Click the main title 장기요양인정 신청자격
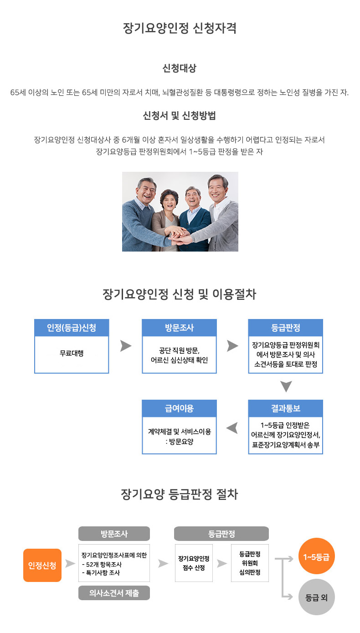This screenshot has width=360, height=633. click(180, 28)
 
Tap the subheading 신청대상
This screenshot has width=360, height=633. click(180, 68)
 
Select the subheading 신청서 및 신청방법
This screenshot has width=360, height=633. click(180, 116)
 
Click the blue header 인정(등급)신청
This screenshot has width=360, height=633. click(72, 328)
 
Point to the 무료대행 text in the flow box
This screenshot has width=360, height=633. click(72, 353)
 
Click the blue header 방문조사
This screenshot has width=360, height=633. click(179, 328)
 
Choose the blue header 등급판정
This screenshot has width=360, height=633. click(285, 328)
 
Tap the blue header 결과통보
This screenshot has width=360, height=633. click(285, 408)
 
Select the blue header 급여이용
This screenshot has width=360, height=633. click(179, 408)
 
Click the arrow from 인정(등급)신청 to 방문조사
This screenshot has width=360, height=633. click(126, 346)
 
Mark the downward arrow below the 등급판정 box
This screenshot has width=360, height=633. click(286, 386)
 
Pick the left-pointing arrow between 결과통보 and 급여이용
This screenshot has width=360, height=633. click(232, 428)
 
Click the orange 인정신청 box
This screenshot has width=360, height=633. click(42, 566)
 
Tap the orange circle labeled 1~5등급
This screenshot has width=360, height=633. click(316, 556)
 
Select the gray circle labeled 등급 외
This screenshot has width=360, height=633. click(316, 597)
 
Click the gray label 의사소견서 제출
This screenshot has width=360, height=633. click(114, 593)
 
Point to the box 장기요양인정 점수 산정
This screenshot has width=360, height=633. click(194, 563)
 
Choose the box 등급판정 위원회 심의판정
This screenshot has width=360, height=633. click(250, 563)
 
